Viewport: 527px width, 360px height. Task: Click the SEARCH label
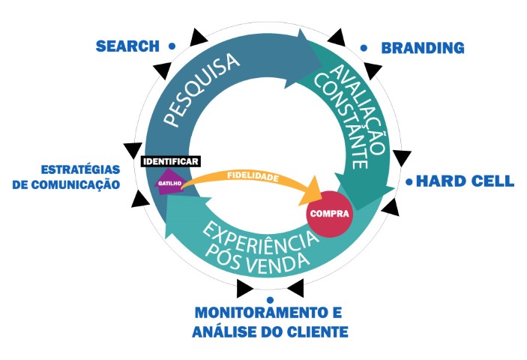(x=127, y=46)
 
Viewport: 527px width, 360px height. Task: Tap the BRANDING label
(x=423, y=48)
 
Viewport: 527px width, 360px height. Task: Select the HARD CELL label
(x=465, y=181)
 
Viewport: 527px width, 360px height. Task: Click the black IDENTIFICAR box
(x=169, y=161)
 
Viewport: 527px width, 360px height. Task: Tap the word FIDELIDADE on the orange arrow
(x=253, y=178)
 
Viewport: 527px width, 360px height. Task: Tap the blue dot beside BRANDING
(x=364, y=48)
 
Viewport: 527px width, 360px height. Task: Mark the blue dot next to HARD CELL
(x=409, y=181)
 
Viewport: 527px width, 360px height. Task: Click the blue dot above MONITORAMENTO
(x=269, y=299)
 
